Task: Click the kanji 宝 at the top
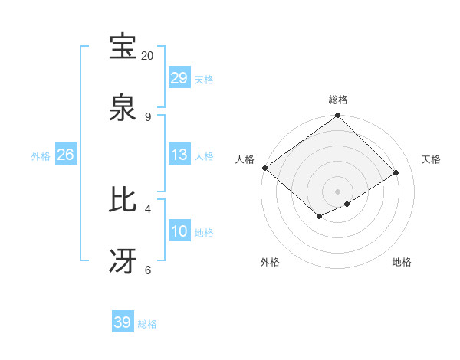[x=123, y=47]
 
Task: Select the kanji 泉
[x=123, y=108]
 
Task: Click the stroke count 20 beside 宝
[x=147, y=56]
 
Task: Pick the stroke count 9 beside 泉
[x=147, y=117]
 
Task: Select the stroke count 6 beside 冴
[x=147, y=270]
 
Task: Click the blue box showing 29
[x=179, y=78]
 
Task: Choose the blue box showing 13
[x=179, y=155]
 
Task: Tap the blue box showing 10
[x=179, y=231]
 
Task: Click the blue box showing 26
[x=66, y=155]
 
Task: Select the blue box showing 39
[x=123, y=322]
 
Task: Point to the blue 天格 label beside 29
[x=204, y=80]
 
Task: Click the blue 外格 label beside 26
[x=41, y=156]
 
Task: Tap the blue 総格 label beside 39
[x=147, y=324]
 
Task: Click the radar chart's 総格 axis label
[x=338, y=100]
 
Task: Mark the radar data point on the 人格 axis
[x=264, y=168]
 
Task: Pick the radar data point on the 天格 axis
[x=396, y=173]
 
